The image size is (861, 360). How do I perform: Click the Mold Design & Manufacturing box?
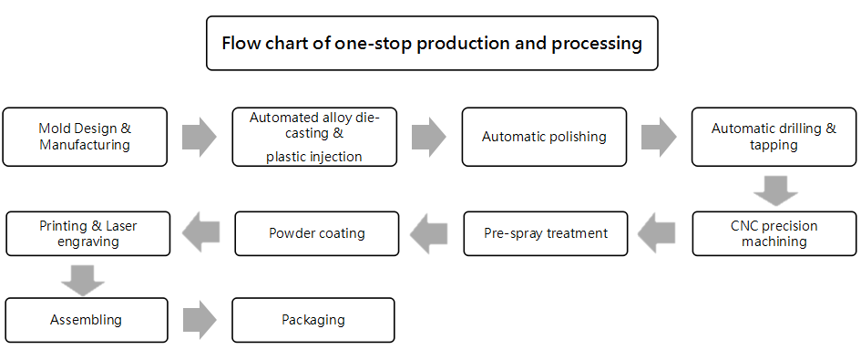click(x=85, y=137)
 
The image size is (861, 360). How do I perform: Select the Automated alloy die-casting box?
click(x=314, y=137)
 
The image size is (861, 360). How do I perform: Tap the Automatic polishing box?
click(x=544, y=137)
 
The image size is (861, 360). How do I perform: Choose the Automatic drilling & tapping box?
click(x=774, y=137)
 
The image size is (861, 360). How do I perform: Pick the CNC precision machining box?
click(x=774, y=233)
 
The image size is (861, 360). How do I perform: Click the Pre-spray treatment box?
click(x=545, y=233)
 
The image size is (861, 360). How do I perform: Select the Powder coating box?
click(x=317, y=233)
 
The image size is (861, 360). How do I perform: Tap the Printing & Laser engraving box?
click(x=87, y=233)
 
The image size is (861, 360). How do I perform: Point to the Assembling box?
click(x=86, y=320)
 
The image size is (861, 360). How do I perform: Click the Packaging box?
click(x=313, y=320)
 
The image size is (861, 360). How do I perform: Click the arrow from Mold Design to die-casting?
click(x=200, y=137)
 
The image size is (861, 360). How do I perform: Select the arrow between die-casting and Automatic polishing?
click(x=429, y=137)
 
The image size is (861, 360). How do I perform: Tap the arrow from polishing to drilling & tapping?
click(x=659, y=137)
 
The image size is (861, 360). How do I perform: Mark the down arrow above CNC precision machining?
click(x=775, y=190)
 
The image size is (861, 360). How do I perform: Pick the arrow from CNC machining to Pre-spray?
click(x=656, y=233)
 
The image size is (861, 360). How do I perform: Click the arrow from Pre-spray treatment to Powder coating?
click(x=428, y=233)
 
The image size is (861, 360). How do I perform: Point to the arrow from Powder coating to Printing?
click(x=200, y=233)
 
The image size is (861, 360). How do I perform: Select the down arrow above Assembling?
click(x=82, y=281)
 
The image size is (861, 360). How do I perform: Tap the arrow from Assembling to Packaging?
click(x=200, y=320)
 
